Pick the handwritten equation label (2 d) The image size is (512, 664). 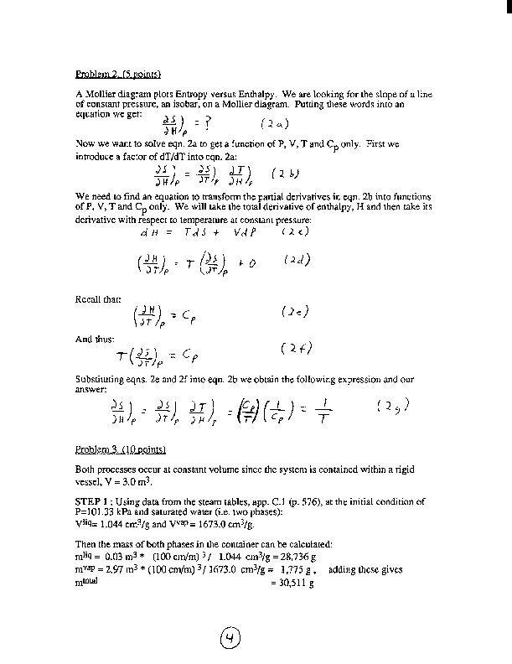[297, 260]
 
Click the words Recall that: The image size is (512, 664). [93, 296]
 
